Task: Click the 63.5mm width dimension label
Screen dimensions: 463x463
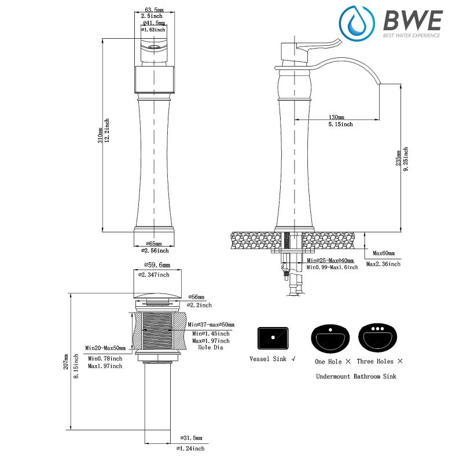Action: pos(154,10)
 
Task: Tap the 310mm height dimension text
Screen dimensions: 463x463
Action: pos(100,135)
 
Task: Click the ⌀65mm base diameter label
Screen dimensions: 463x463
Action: pos(153,244)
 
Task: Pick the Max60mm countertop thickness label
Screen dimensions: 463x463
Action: pos(383,253)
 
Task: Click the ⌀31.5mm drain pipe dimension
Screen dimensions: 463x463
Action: pos(193,438)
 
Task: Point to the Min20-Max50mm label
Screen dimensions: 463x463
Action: pos(105,348)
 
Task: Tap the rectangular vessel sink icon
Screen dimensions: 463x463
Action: pos(273,336)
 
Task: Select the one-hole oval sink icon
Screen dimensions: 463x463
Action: pos(330,336)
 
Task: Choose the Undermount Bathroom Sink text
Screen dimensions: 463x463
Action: pos(356,376)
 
